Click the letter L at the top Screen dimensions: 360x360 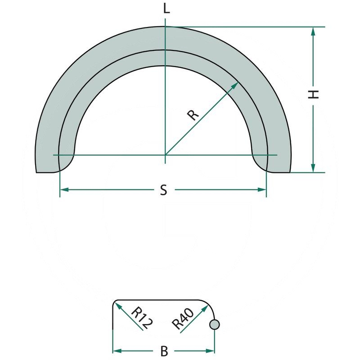click(166, 9)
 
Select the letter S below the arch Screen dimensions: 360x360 click(164, 190)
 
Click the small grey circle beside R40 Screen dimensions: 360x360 click(215, 324)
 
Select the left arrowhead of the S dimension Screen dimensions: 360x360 click(61, 190)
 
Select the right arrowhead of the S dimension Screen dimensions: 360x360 click(265, 190)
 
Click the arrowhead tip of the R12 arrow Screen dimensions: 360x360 click(116, 302)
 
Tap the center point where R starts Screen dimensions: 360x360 click(166, 155)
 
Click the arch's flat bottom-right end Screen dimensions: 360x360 click(279, 172)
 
